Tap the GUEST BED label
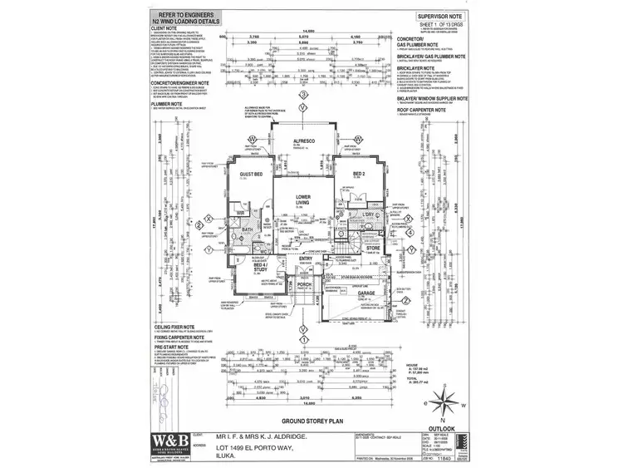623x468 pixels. point(252,175)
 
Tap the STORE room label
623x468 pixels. point(373,247)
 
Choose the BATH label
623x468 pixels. point(248,229)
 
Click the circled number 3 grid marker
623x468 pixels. point(304,96)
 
